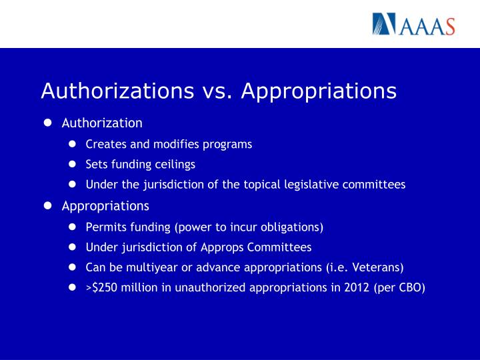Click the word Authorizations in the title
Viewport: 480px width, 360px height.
click(x=116, y=91)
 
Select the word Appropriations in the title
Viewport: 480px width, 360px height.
click(x=319, y=91)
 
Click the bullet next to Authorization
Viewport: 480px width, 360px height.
click(x=48, y=123)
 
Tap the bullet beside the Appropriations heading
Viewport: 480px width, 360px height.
click(x=48, y=205)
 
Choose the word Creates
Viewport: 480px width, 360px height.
click(x=103, y=144)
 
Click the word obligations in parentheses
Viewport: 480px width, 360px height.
click(x=289, y=227)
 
